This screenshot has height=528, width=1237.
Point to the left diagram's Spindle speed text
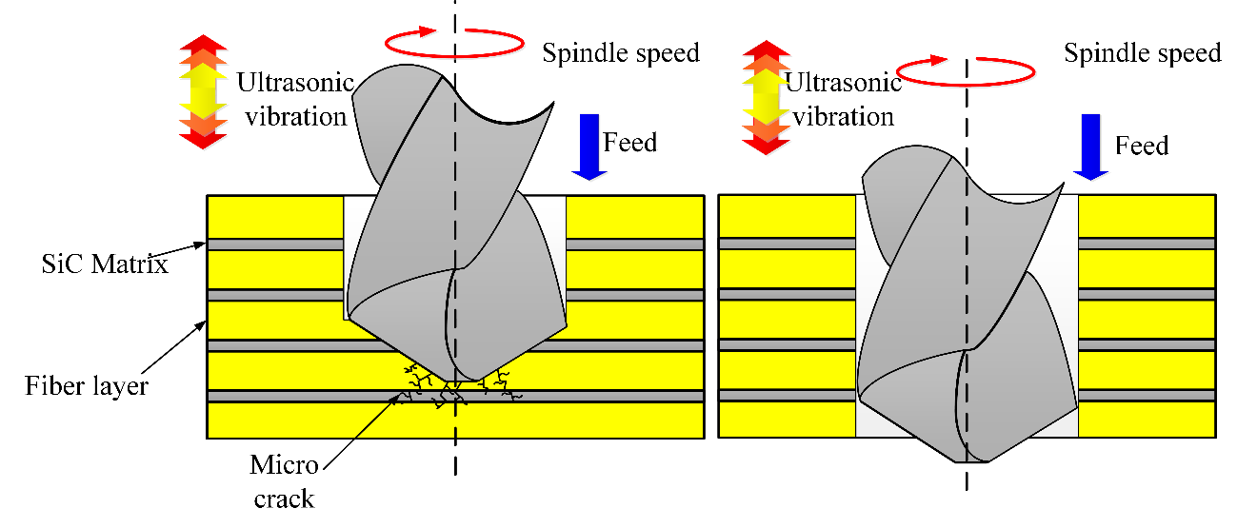coord(621,52)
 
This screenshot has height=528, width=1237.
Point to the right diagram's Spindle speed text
coord(1142,52)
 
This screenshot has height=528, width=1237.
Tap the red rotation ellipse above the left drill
coord(454,42)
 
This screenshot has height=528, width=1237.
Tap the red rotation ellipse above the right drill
coord(967,70)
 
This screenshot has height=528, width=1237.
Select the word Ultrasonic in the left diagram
coord(295,83)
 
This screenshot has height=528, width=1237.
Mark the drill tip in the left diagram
coord(467,376)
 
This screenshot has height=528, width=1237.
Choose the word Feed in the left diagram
coord(630,143)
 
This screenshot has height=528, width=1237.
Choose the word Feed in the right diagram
coord(1141,146)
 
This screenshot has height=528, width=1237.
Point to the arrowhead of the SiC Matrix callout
coord(205,244)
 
